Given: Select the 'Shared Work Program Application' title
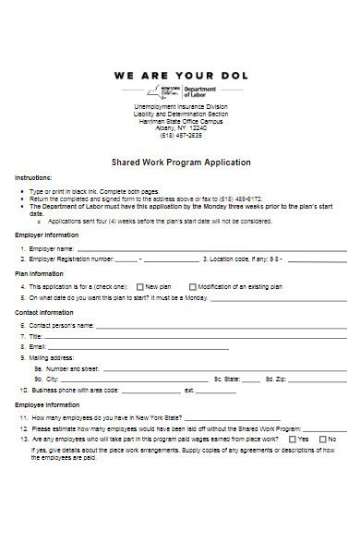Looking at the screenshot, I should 181,163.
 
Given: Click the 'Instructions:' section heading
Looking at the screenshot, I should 33,177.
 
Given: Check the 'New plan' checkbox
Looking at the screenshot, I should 139,287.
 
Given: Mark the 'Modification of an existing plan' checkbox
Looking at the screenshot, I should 192,287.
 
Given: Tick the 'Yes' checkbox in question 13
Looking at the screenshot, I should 292,439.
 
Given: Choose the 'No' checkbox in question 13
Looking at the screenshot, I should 322,439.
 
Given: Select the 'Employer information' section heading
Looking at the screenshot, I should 46,235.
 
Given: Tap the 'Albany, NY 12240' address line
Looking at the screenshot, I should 181,126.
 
